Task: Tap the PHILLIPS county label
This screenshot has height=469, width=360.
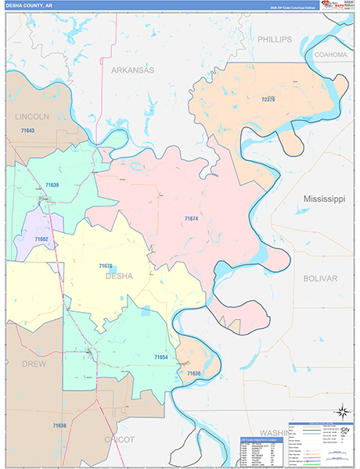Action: (x=275, y=39)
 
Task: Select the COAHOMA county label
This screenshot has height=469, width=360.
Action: (x=329, y=55)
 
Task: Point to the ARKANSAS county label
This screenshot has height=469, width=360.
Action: (x=132, y=70)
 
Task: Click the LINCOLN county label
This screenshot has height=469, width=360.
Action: (x=32, y=116)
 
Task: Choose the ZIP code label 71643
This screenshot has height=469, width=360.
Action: (x=28, y=130)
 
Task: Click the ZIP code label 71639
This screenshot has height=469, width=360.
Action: (x=52, y=184)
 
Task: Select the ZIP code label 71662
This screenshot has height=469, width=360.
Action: (x=41, y=238)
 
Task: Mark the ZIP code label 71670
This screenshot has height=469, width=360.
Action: (x=106, y=266)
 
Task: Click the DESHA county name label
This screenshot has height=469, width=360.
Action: (x=119, y=276)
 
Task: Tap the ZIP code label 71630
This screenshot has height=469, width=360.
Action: (x=193, y=374)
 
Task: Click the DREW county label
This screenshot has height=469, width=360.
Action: (x=34, y=364)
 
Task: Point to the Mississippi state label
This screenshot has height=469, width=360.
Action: (x=324, y=199)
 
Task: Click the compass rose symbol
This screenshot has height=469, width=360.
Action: (x=342, y=410)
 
